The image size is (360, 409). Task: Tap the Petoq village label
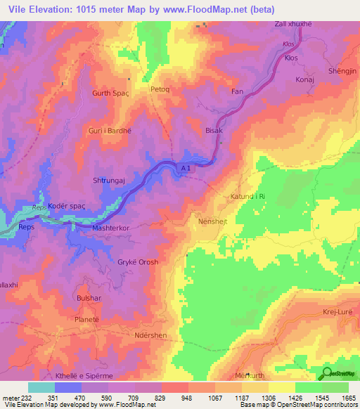click(161, 89)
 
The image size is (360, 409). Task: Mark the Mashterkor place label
click(111, 229)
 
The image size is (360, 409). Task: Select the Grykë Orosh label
click(138, 262)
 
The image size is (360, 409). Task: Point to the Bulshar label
click(89, 298)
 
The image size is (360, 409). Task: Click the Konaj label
click(304, 79)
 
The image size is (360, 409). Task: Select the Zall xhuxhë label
click(294, 24)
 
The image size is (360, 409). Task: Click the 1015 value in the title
click(89, 8)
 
